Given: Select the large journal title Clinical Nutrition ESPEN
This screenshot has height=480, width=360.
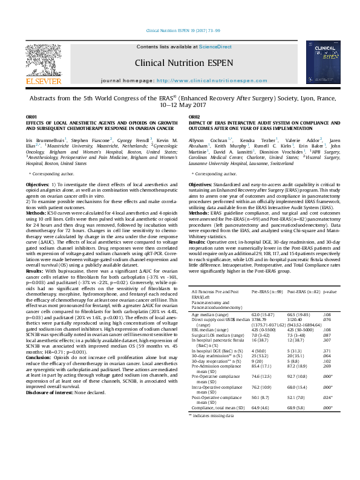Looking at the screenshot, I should point(179,62).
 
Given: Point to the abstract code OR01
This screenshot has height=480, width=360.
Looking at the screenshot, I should point(31,115).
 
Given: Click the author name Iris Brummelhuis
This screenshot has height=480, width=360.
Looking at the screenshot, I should point(45,140).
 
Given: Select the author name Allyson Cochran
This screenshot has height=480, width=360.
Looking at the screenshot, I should point(208,140).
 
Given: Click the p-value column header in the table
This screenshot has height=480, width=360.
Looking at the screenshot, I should point(330,291).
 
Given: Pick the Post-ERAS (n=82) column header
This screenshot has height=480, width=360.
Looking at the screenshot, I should point(303,291).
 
